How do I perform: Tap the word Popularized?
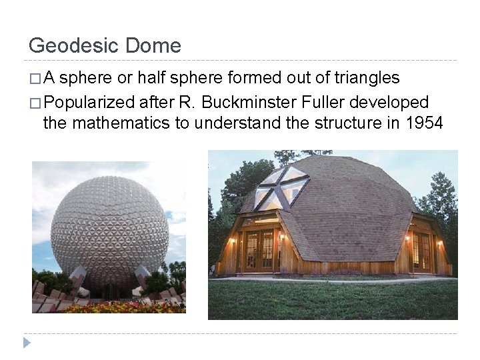point(89,103)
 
